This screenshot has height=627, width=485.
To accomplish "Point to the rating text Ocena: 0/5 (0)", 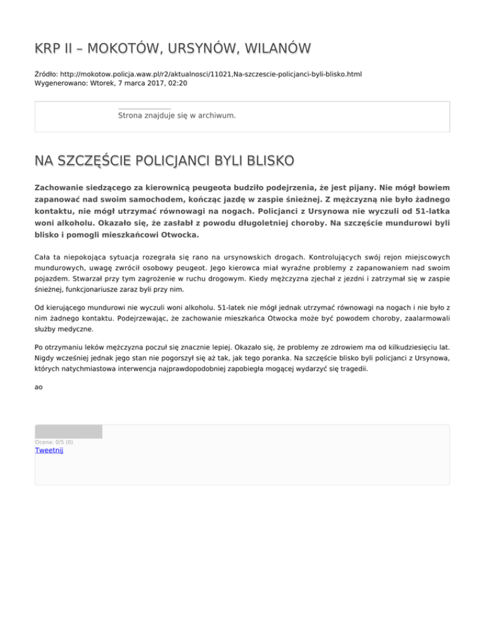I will pos(54,442).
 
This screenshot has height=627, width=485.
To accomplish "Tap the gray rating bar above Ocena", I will pos(68,431).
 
